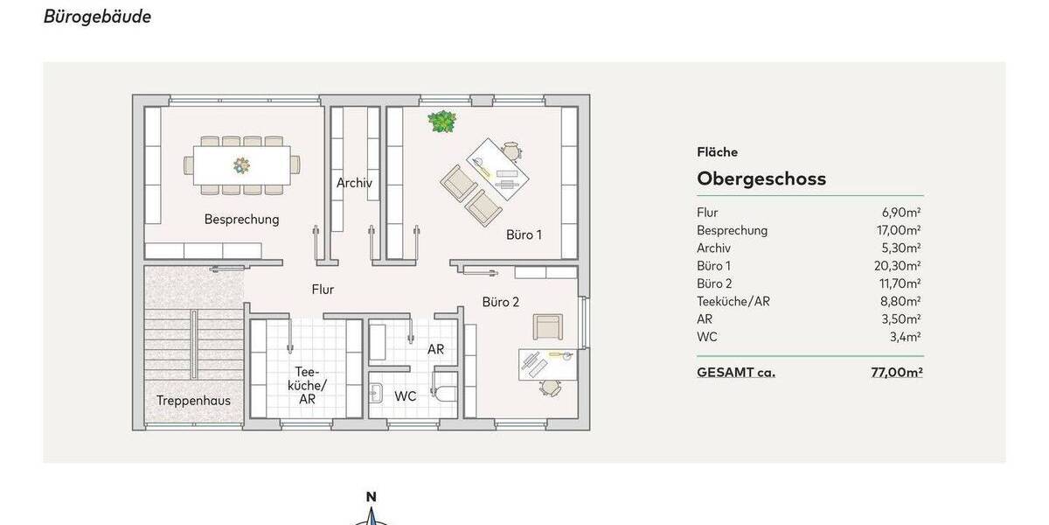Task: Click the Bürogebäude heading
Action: pos(97,17)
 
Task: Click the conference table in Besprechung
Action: pos(242,164)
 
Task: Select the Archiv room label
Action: pos(354,183)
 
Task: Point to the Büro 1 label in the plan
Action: pos(524,234)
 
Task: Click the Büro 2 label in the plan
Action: pos(501,302)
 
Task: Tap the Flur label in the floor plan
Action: pos(323,290)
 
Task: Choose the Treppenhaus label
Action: pos(193,401)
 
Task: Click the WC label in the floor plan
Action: pos(405,396)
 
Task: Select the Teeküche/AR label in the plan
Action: pos(307,385)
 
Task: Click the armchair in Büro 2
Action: pos(548,326)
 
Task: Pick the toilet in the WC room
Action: pos(444,390)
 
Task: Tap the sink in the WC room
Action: pos(377,391)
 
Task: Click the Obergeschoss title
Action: pos(761,178)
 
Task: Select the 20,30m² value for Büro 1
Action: pos(901,266)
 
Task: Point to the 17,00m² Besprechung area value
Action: pos(901,230)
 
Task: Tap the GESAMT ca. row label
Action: pos(735,372)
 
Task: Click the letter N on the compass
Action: pos(371,496)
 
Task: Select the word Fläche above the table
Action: pos(717,152)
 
